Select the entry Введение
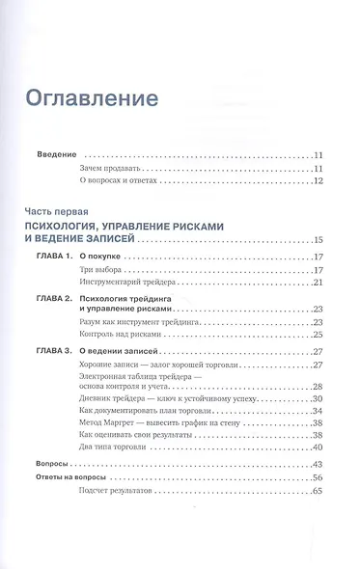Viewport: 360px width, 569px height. pos(56,153)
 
